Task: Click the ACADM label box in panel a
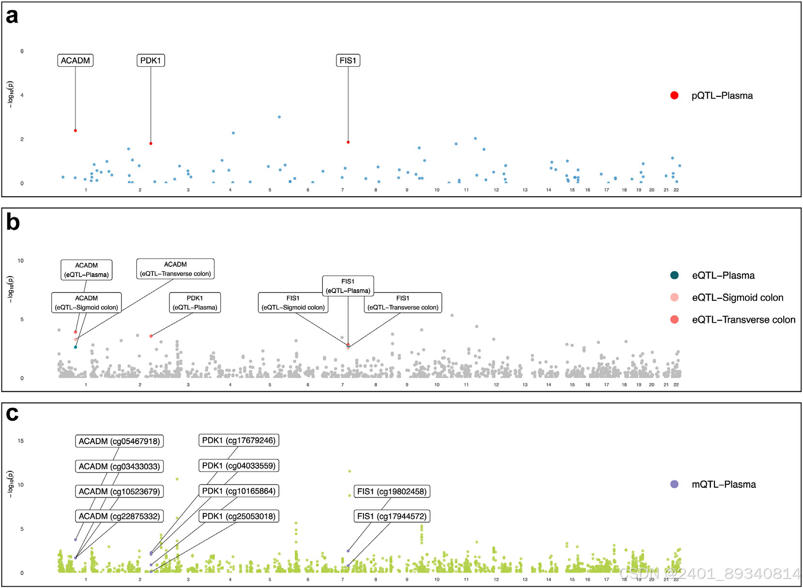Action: (x=76, y=61)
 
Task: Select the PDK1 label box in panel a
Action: (x=151, y=61)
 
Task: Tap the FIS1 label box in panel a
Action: (x=348, y=61)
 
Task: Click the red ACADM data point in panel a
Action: (x=76, y=131)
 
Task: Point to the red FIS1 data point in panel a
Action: (x=348, y=142)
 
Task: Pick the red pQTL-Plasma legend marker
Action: (x=674, y=95)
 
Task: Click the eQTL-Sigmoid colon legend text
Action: (x=737, y=297)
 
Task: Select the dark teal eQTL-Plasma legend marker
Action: (x=674, y=275)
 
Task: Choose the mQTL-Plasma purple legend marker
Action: (x=674, y=484)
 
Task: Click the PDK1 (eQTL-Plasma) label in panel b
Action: (x=195, y=303)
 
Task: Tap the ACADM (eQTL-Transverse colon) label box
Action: (x=175, y=269)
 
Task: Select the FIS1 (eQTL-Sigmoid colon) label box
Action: (x=293, y=303)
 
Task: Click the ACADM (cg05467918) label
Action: (x=119, y=441)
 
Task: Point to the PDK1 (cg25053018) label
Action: (x=239, y=516)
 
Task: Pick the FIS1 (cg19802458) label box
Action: (x=392, y=492)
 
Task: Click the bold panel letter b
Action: (x=13, y=222)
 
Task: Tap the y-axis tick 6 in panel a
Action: (x=22, y=51)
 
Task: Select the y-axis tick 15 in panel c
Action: (x=20, y=441)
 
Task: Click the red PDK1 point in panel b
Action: (x=151, y=336)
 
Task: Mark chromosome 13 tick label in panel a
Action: (x=525, y=190)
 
